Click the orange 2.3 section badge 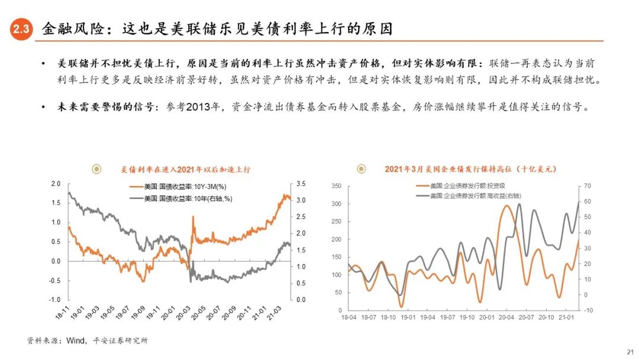coord(21,30)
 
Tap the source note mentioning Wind coord(88,340)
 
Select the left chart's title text coord(185,169)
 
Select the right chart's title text coord(470,169)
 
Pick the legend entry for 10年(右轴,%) coord(185,198)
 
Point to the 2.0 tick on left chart coord(56,184)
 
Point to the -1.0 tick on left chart coord(55,300)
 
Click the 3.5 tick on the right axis coord(301,184)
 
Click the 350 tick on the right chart coord(336,187)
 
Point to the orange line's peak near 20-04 coord(507,205)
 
